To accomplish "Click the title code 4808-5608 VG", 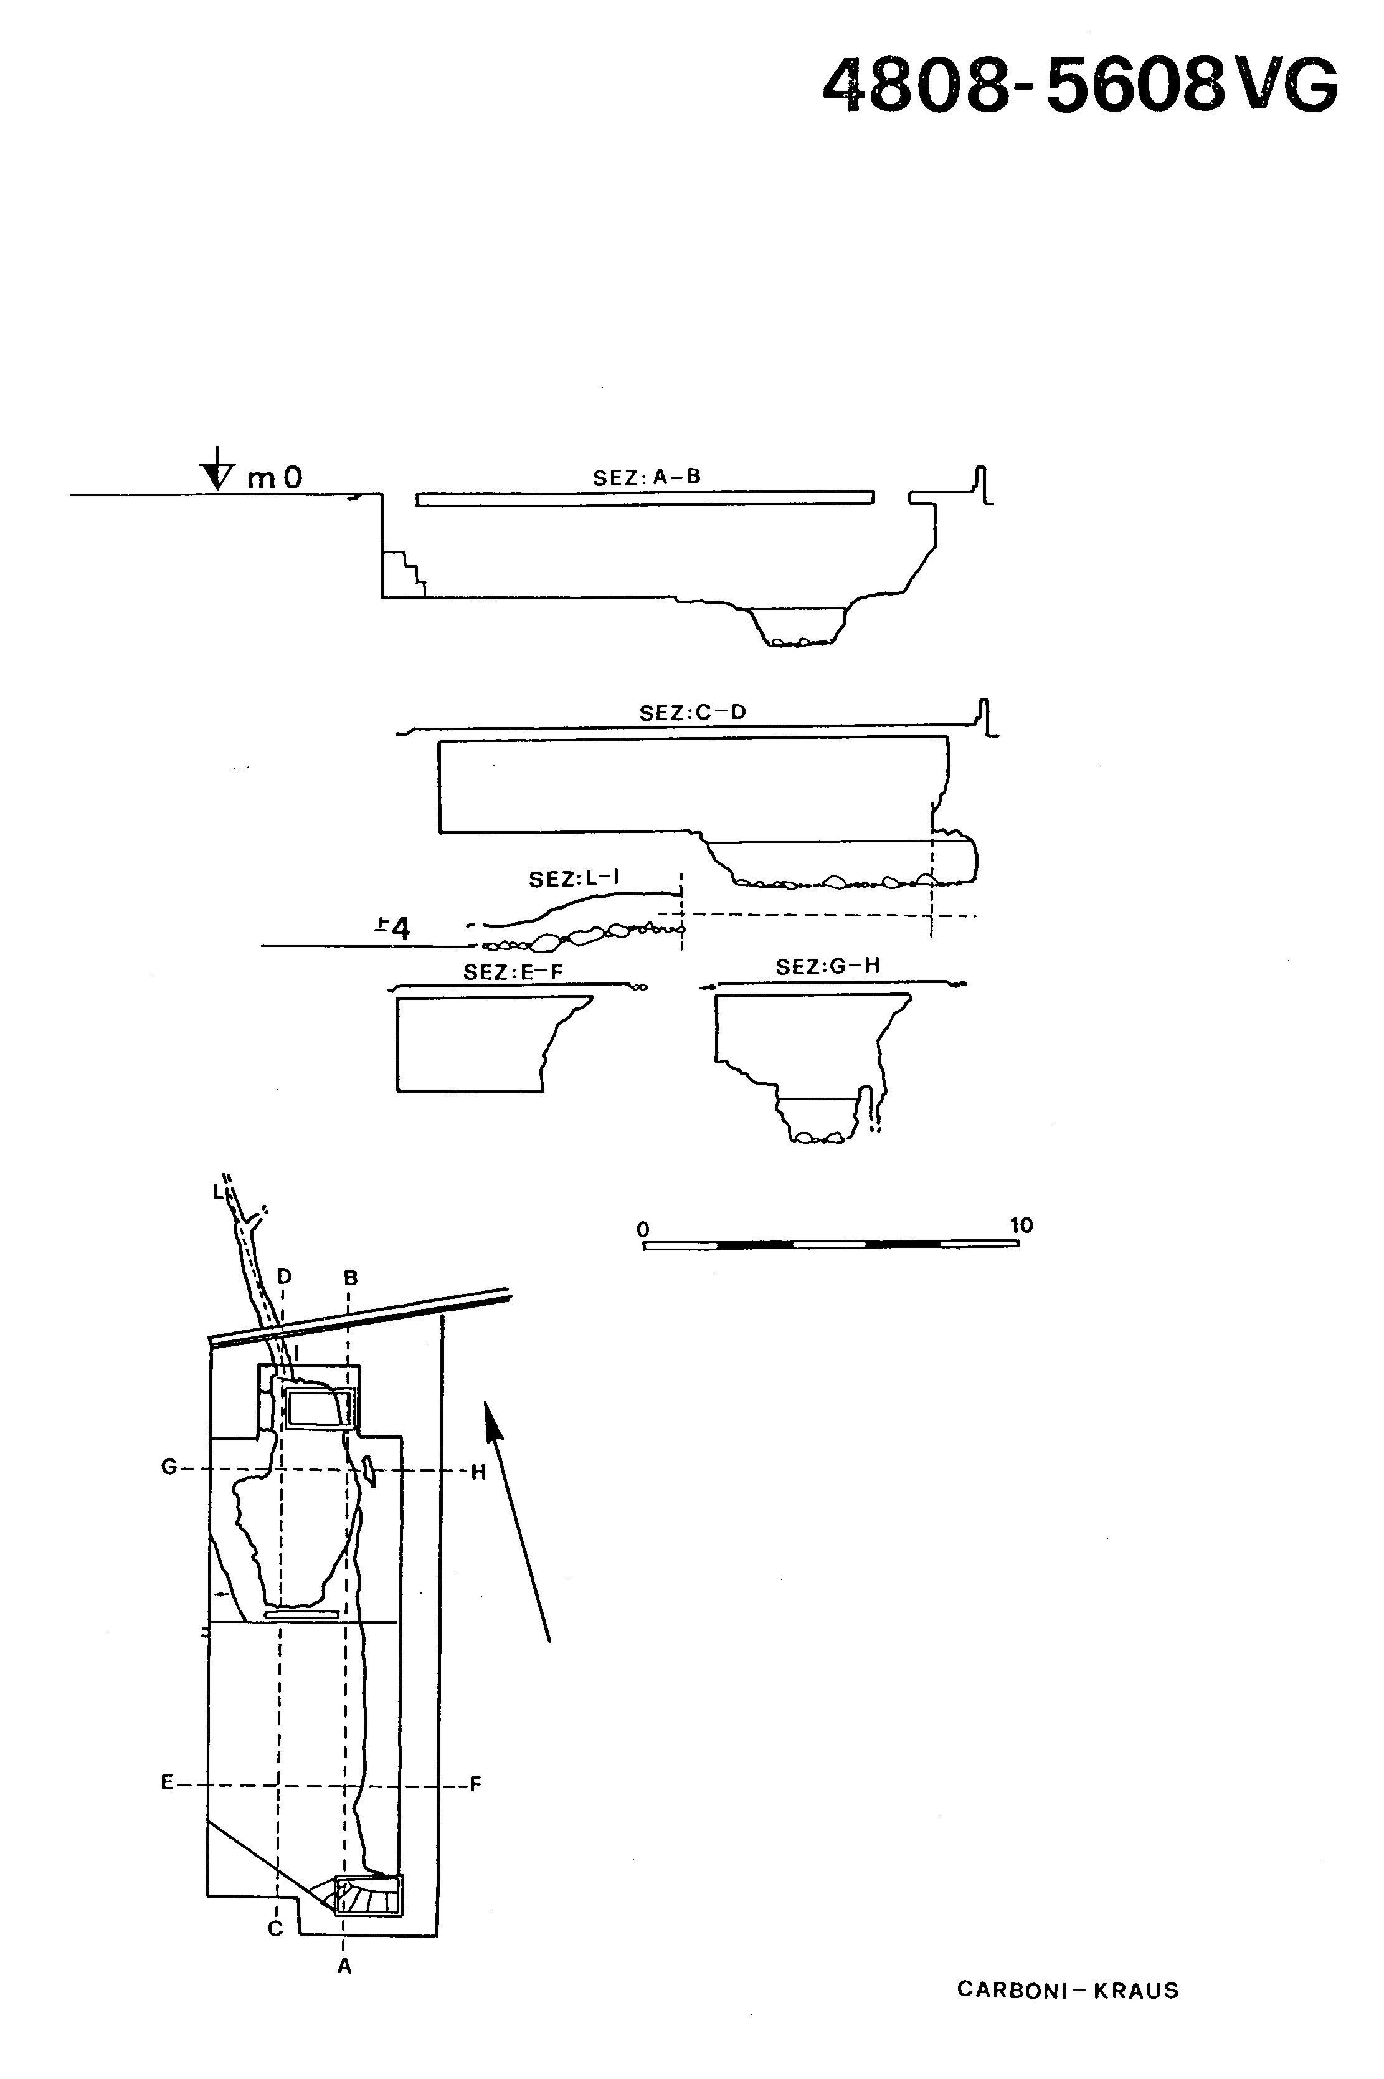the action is tap(1081, 85).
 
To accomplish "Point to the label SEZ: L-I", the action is tap(574, 878).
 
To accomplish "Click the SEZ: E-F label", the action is tap(513, 972).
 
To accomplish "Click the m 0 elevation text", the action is tap(275, 478).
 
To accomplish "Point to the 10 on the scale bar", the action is tap(1021, 1225).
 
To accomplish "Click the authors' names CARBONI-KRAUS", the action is tap(1068, 1990).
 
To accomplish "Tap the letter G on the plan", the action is tap(169, 1467).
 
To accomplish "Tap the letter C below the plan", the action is tap(275, 1929).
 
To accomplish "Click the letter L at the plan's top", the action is tap(218, 1192).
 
